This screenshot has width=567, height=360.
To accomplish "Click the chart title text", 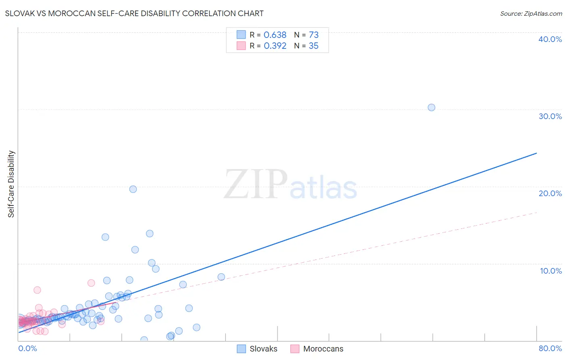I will (x=134, y=13).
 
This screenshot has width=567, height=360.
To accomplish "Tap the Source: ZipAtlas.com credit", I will (x=531, y=13).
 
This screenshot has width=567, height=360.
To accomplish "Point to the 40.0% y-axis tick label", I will (x=550, y=39).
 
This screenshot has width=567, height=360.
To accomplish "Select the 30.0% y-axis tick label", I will (x=550, y=116).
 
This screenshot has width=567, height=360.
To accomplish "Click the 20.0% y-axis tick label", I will (x=550, y=193).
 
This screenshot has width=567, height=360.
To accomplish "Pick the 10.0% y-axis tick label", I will (x=551, y=271).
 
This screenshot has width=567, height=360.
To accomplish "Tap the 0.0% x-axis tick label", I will (x=28, y=348).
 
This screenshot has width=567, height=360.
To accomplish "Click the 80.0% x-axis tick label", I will (x=550, y=348).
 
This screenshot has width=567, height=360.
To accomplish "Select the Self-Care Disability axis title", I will (x=11, y=184).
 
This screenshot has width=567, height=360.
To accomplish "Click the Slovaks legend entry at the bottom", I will (x=263, y=349).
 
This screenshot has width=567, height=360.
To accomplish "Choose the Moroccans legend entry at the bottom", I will (x=323, y=349).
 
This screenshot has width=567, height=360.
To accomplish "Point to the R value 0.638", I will (x=275, y=35).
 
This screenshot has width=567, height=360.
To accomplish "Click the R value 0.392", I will (x=275, y=46).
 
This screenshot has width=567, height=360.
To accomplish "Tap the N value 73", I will (x=314, y=35).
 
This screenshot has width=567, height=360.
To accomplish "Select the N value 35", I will (x=314, y=46).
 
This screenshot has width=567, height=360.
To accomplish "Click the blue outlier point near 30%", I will (x=432, y=107).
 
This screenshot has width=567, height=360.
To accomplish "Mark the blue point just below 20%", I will (x=133, y=189).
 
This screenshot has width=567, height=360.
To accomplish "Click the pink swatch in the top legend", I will (x=241, y=46).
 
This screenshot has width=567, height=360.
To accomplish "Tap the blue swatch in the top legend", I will (x=241, y=35).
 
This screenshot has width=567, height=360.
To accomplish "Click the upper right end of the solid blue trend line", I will (x=536, y=153).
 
